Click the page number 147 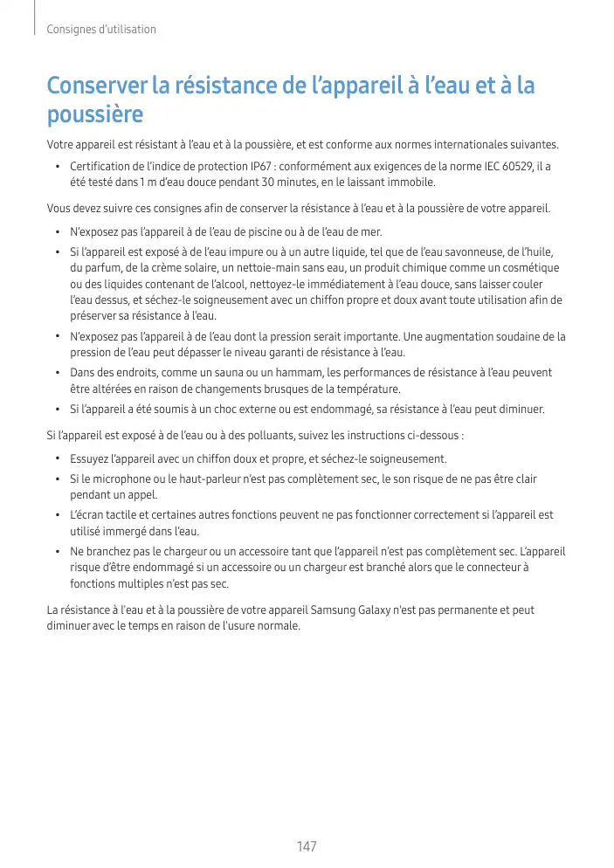click(x=307, y=846)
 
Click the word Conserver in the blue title click(x=97, y=87)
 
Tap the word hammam click(x=283, y=373)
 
